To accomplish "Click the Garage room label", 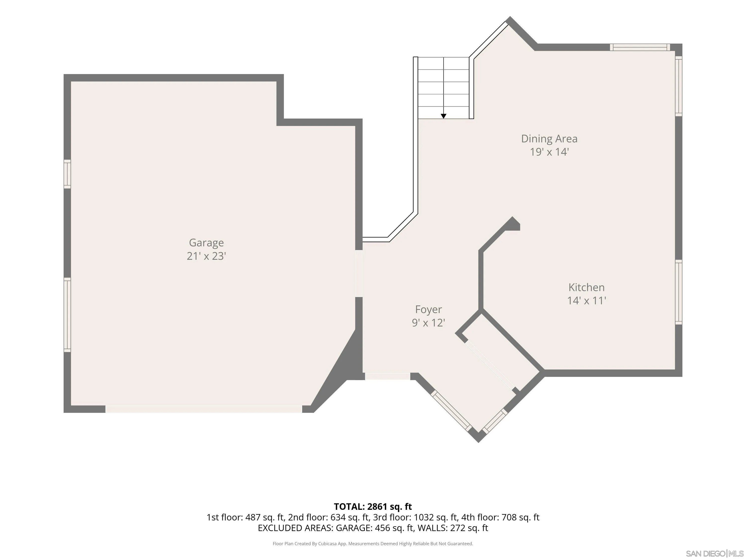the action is pyautogui.click(x=206, y=243).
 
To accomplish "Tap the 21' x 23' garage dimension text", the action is pyautogui.click(x=206, y=256).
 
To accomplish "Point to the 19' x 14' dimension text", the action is pyautogui.click(x=549, y=152).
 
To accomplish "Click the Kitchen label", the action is pyautogui.click(x=586, y=287).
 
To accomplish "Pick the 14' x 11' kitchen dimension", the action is pyautogui.click(x=586, y=301).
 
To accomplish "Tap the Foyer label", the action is pyautogui.click(x=428, y=310).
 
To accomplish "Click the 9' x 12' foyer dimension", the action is pyautogui.click(x=428, y=323).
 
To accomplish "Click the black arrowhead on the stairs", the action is pyautogui.click(x=443, y=116).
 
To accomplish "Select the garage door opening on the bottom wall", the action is pyautogui.click(x=204, y=409).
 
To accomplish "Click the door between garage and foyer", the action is pyautogui.click(x=359, y=273).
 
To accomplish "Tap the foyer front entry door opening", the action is pyautogui.click(x=387, y=376).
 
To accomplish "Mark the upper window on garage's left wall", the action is pyautogui.click(x=67, y=174).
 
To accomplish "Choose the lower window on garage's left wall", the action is pyautogui.click(x=67, y=315).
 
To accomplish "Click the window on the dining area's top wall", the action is pyautogui.click(x=640, y=47).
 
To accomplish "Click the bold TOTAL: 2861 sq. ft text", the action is pyautogui.click(x=373, y=506).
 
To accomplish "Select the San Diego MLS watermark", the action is pyautogui.click(x=715, y=553).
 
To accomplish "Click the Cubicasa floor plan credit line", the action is pyautogui.click(x=373, y=544).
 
